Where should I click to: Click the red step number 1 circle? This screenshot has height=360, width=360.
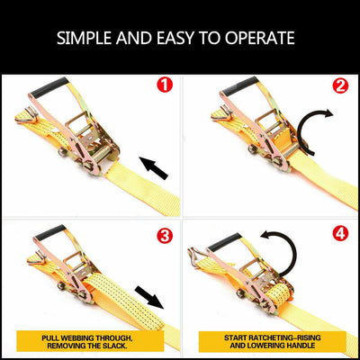click(163, 86)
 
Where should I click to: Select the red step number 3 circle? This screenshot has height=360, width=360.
click(163, 237)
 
